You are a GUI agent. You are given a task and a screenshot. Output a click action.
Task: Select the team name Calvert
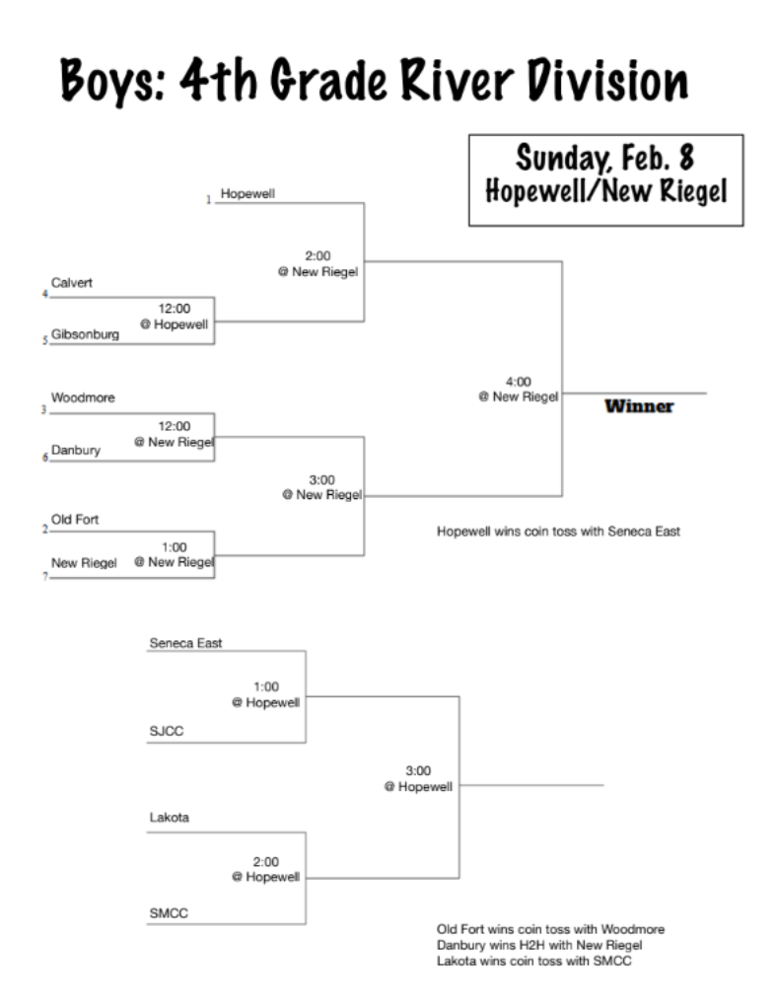point(71,283)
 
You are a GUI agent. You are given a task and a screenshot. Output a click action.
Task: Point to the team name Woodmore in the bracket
point(83,398)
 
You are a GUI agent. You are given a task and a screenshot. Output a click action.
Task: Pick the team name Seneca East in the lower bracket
point(185,642)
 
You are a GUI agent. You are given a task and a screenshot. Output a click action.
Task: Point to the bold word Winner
point(638,407)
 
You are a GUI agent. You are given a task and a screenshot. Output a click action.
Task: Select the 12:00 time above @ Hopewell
point(175,308)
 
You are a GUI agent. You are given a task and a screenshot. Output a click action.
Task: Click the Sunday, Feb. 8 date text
point(605,157)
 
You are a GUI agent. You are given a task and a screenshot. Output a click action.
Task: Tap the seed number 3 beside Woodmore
point(44,409)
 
